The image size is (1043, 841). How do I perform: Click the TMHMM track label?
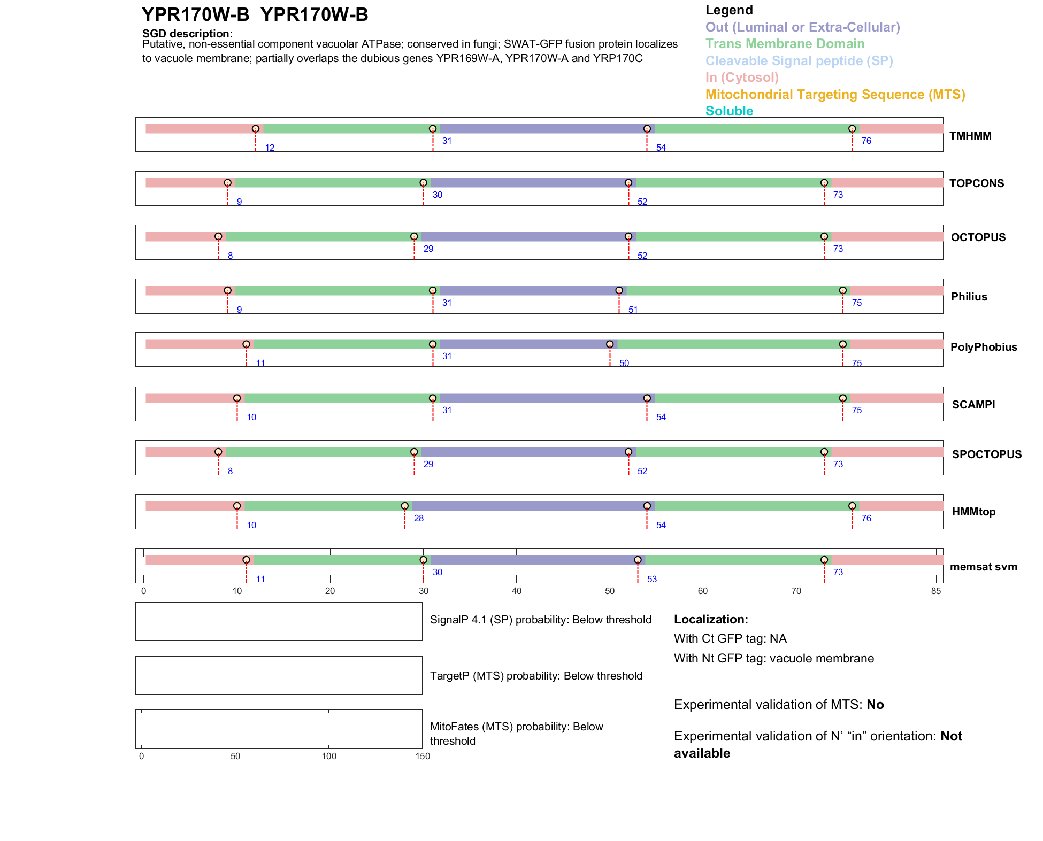[x=970, y=136]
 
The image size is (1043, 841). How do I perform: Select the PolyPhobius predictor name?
[x=983, y=347]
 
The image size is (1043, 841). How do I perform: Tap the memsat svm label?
[x=983, y=567]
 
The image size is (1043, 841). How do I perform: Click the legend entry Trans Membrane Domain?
[x=785, y=44]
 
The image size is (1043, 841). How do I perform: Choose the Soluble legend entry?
[x=729, y=111]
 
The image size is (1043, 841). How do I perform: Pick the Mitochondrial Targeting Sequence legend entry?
[x=835, y=95]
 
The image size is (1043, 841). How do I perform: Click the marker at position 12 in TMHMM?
[x=256, y=129]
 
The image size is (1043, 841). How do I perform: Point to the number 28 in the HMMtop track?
[x=419, y=518]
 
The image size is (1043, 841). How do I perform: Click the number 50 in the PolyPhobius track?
[x=624, y=363]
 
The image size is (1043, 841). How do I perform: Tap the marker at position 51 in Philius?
[x=619, y=290]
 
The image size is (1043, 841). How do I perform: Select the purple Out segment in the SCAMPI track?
[x=543, y=398]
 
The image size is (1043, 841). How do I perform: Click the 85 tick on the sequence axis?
[x=935, y=591]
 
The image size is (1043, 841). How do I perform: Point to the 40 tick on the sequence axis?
[x=517, y=591]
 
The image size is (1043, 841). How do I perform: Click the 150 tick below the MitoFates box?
[x=423, y=756]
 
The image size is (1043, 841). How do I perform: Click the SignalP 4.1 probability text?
[x=540, y=620]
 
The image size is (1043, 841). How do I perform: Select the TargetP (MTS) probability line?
[x=536, y=676]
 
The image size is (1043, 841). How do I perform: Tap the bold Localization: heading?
[x=711, y=620]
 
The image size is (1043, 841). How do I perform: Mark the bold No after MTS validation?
[x=875, y=705]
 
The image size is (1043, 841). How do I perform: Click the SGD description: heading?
[x=187, y=34]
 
